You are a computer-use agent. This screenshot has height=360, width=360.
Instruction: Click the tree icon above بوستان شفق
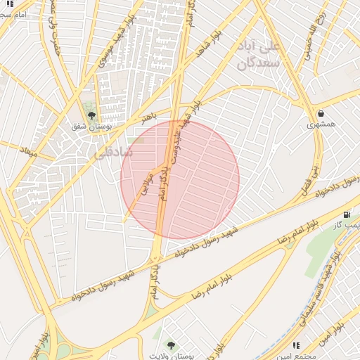click(x=91, y=116)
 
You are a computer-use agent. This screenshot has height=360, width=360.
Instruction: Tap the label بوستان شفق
click(x=90, y=127)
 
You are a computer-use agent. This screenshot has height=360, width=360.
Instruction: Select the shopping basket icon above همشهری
click(x=321, y=113)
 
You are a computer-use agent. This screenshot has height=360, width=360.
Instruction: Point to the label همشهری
click(x=321, y=124)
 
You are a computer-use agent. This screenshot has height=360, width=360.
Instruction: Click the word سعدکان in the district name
click(x=257, y=64)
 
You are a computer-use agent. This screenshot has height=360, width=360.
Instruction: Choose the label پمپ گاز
click(x=346, y=225)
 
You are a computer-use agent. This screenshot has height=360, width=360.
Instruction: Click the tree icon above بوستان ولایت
click(x=171, y=345)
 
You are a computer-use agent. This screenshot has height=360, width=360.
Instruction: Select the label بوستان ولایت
click(x=171, y=355)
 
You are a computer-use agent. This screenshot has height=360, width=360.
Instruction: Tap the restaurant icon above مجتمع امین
click(x=296, y=345)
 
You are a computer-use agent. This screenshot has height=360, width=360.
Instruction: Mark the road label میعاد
click(x=29, y=151)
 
